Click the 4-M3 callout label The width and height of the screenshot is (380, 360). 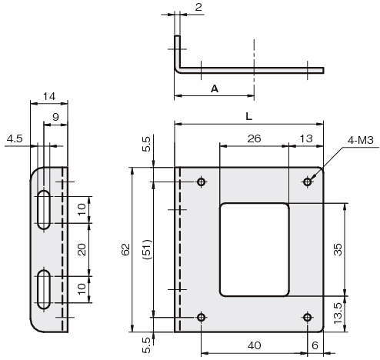pyautogui.click(x=360, y=140)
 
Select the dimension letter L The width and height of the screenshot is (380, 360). pyautogui.click(x=248, y=117)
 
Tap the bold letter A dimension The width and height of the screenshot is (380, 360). pyautogui.click(x=215, y=89)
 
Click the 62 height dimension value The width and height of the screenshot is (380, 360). pyautogui.click(x=125, y=249)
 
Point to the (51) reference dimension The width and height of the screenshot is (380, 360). pyautogui.click(x=148, y=249)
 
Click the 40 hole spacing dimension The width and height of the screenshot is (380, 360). pyautogui.click(x=255, y=345)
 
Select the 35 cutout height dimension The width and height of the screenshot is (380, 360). pyautogui.click(x=338, y=249)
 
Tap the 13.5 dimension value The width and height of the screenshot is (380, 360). pyautogui.click(x=338, y=313)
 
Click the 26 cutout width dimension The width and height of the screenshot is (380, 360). pyautogui.click(x=254, y=138)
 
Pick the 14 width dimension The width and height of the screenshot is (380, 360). pyautogui.click(x=49, y=97)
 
